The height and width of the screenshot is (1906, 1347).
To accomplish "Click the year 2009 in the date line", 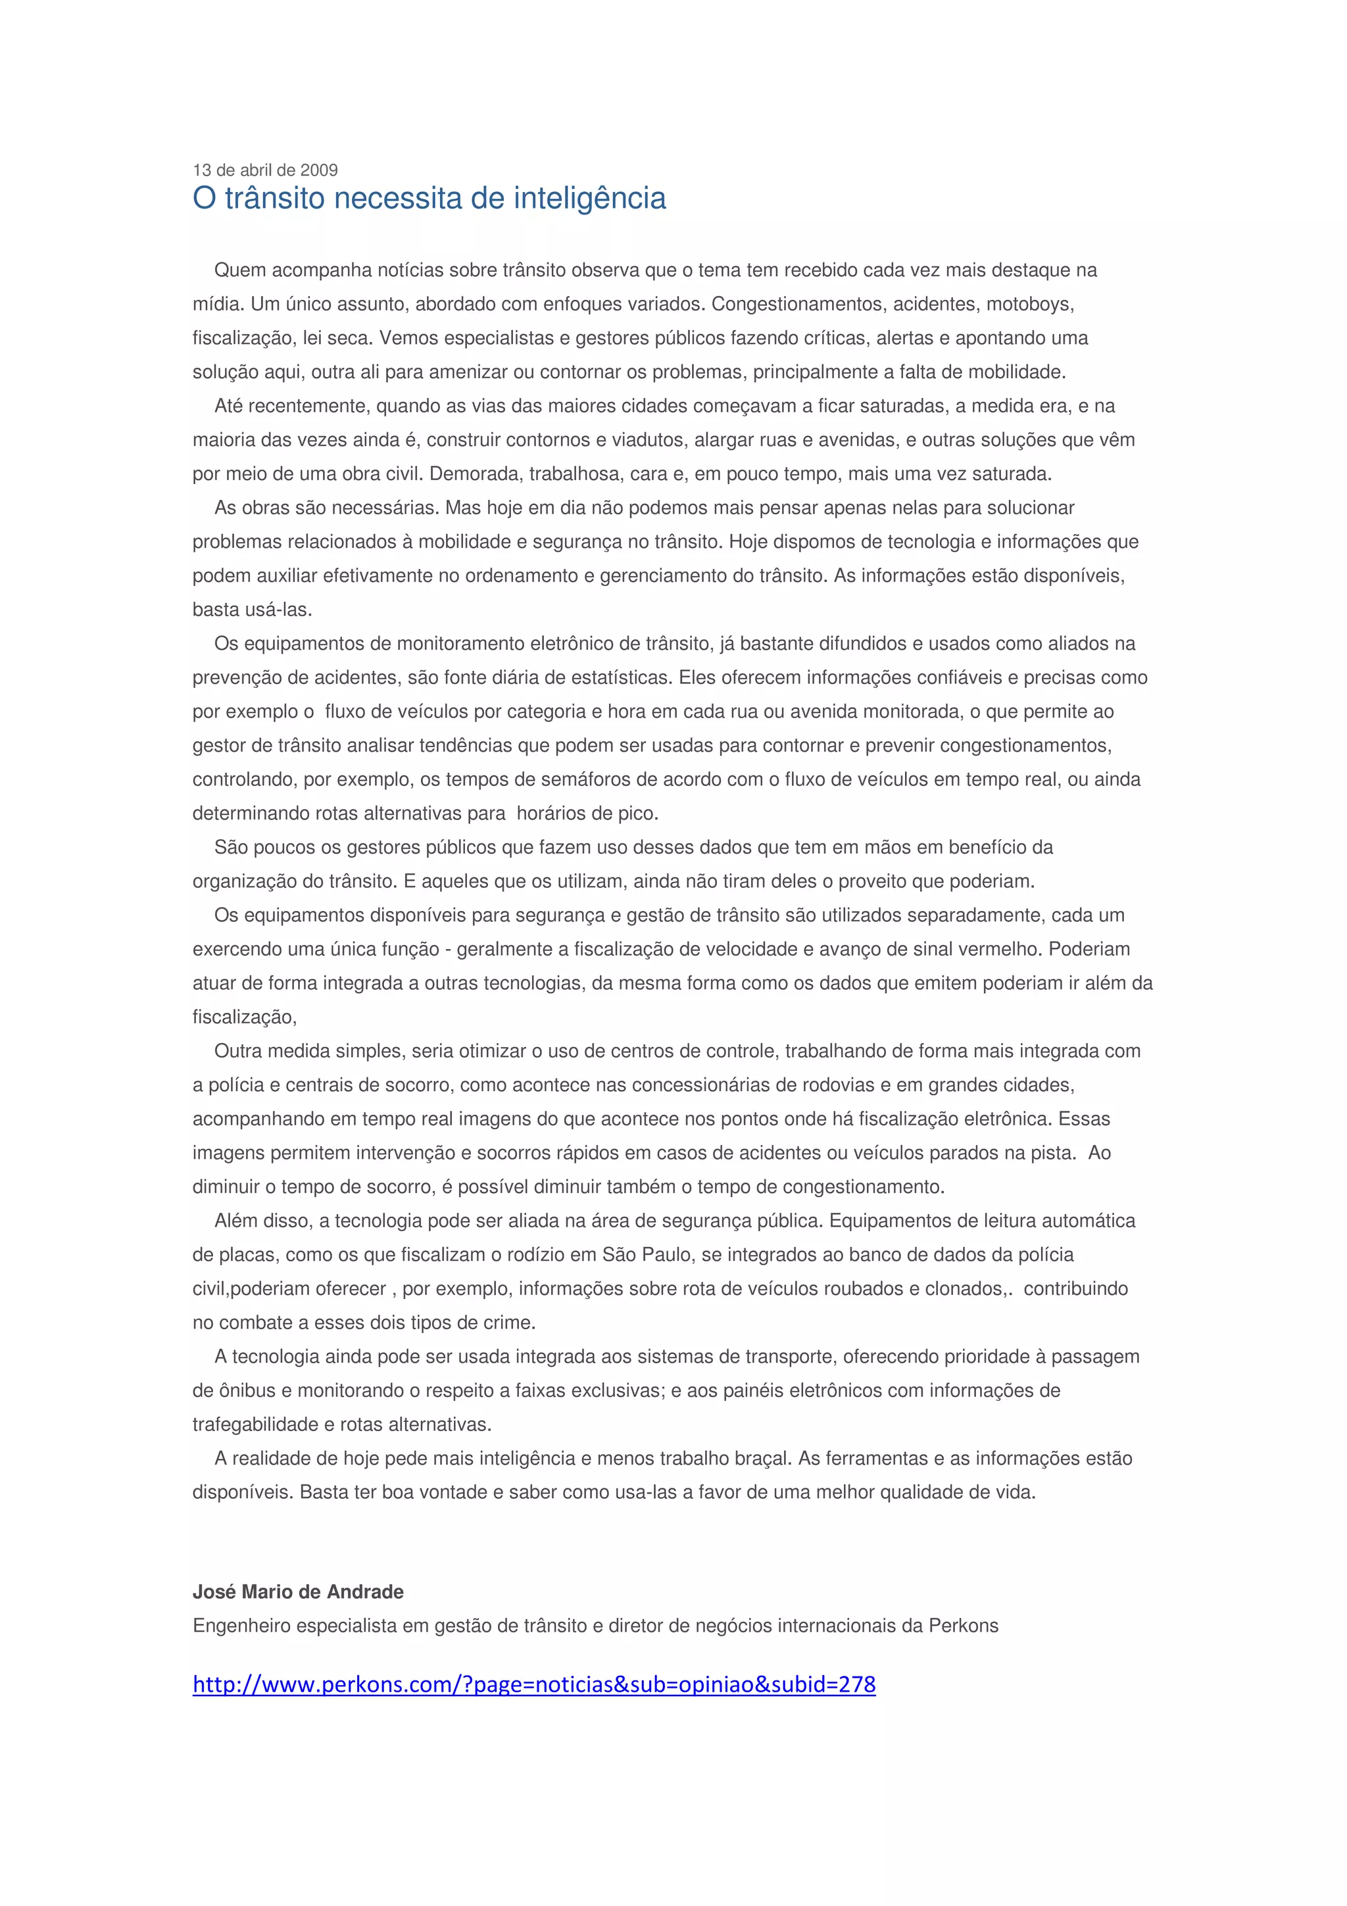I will click(x=319, y=170).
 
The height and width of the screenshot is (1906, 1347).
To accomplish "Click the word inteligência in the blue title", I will click(x=590, y=199).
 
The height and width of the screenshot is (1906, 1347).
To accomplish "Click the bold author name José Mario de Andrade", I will click(x=298, y=1592).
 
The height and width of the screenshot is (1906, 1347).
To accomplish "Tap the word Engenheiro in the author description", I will click(x=241, y=1625).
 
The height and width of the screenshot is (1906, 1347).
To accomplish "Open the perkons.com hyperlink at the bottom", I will click(x=533, y=1684).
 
